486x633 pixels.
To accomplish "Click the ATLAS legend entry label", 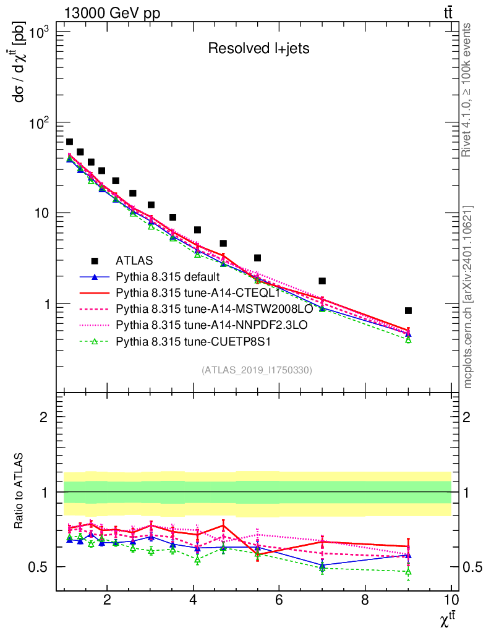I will coord(134,260).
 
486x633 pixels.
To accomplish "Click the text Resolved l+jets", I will coord(258,49).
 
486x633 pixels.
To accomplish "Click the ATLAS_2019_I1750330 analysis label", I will coord(257,370).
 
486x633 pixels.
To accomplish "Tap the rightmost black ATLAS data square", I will coord(408,310).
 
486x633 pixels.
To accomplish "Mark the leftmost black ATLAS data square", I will coord(69,142).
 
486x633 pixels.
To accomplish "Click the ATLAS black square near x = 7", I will coord(322,281).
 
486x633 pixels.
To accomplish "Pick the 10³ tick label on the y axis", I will coord(40,32).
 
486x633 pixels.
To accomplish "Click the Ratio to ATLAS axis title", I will coord(20,491).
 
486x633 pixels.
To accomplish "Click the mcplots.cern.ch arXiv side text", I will coord(468,297).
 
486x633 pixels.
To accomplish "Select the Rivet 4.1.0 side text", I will coord(468,90).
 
